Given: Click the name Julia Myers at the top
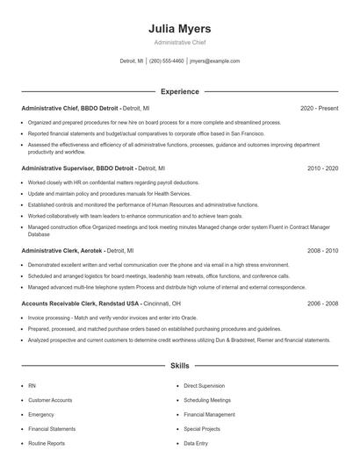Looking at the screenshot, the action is coord(179,29).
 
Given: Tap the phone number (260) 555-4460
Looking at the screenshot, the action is coord(167,61).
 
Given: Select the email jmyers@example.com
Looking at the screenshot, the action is coord(214,61).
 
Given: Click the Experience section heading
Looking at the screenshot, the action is coord(179,91).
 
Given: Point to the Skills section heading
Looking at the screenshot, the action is coord(179,364).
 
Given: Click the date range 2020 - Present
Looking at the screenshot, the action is coord(319,108).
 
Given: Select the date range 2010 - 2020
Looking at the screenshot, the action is coord(322,168).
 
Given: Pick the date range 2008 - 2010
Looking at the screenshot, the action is coord(322,250).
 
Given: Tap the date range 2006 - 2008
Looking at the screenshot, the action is coord(322,303).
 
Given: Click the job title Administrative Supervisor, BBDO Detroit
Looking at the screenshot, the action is coord(77,168).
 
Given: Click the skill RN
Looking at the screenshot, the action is coord(32,385).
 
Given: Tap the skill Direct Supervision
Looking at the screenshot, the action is coord(204,385).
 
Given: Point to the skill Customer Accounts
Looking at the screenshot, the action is coord(50,400).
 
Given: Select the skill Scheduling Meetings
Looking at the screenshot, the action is coord(207,400).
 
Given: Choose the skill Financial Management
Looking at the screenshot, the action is coord(209,414).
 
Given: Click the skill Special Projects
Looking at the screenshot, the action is coord(202,429).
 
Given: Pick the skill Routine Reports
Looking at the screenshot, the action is coord(47,444).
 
